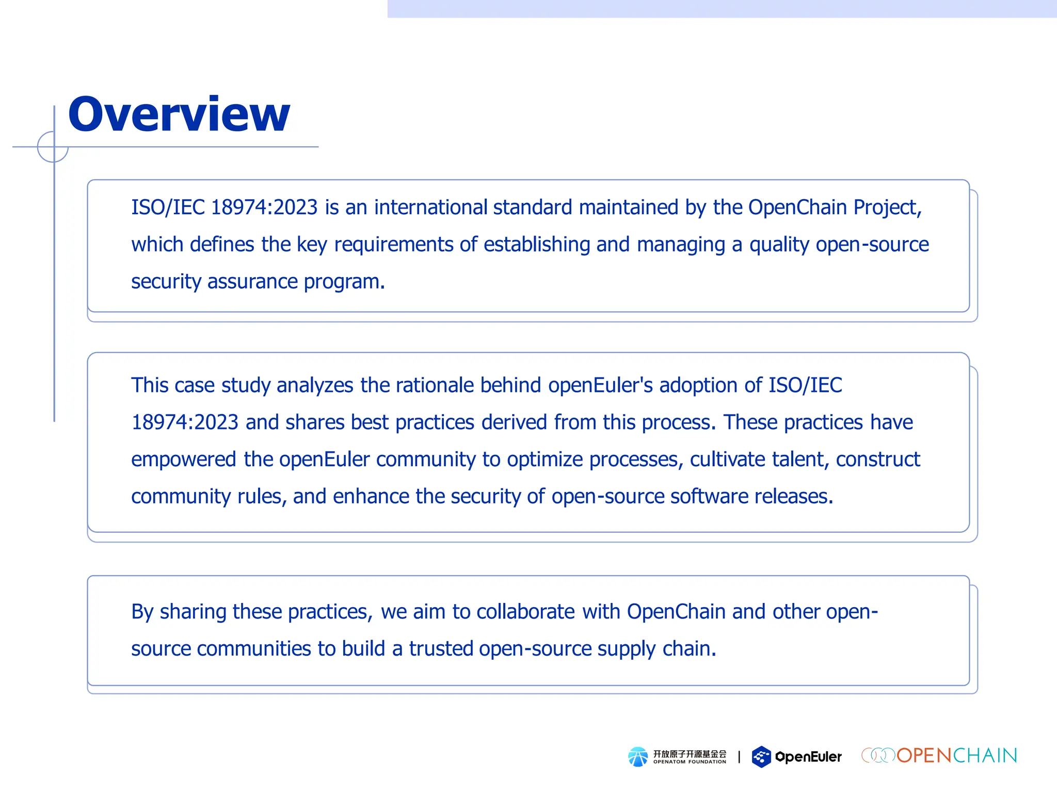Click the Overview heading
tap(179, 115)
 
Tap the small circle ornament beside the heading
tap(53, 147)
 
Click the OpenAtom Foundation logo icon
tap(638, 757)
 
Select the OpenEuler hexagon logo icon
tap(761, 757)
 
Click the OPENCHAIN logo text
tap(956, 756)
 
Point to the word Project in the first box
tap(886, 208)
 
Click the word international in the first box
tap(430, 208)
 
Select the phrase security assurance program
tap(258, 282)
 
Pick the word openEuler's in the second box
tap(600, 386)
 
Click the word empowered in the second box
tap(184, 459)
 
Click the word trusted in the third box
tap(441, 649)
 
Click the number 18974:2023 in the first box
tap(264, 208)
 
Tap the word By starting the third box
tap(142, 612)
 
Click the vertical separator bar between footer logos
tap(739, 757)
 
